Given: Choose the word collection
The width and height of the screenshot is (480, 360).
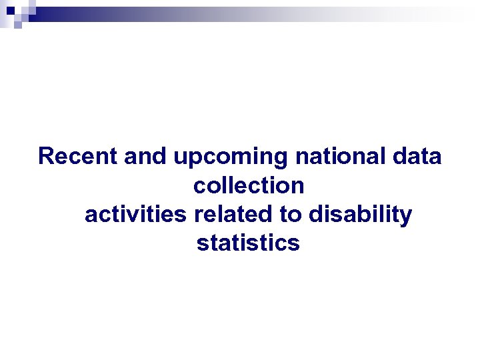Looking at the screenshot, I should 249,186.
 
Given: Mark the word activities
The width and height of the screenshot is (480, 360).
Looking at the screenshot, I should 137,215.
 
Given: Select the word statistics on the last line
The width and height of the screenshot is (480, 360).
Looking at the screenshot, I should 249,243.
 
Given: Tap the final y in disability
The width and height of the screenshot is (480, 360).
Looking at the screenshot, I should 407,217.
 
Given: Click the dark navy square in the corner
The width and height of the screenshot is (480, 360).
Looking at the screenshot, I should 11,11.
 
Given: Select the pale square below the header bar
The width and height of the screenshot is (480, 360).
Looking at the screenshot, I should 18,25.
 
